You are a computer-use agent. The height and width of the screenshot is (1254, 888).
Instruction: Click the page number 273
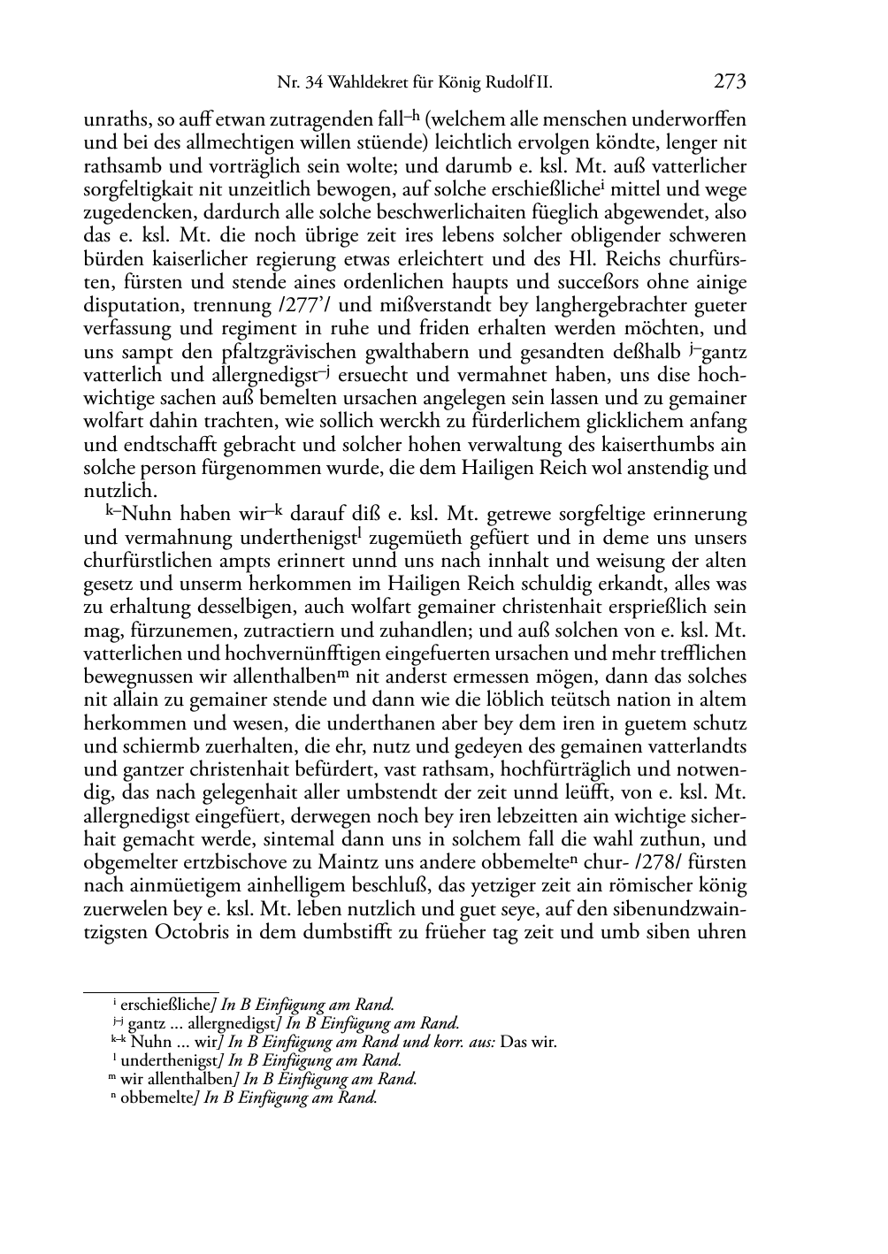tap(730, 82)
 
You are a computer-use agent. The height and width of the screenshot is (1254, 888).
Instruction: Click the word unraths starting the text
tap(111, 119)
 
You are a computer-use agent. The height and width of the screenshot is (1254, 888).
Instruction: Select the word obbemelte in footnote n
tap(157, 1098)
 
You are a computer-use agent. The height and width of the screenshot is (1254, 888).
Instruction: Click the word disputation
tap(132, 306)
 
